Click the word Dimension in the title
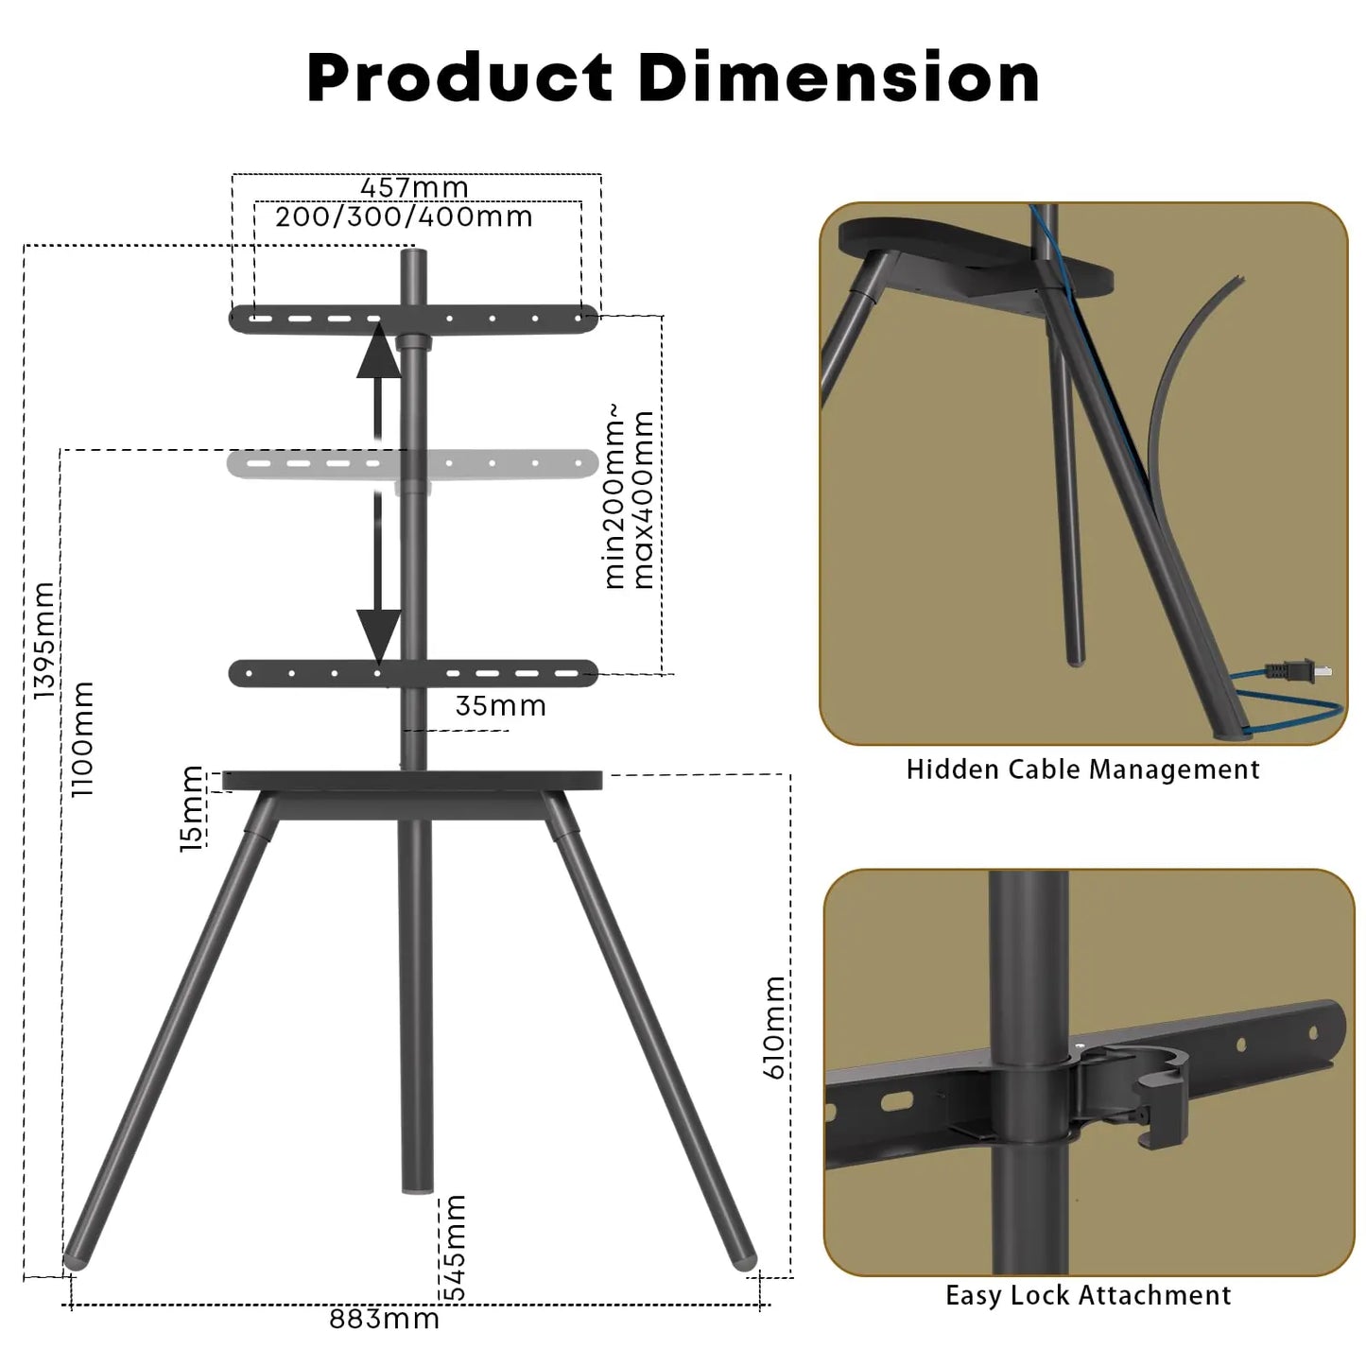(839, 78)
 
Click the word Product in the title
(459, 78)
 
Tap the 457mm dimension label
(415, 188)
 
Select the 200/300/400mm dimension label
(404, 216)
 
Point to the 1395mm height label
(43, 640)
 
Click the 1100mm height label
(83, 738)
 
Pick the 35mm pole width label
(500, 706)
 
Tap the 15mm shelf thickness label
(191, 808)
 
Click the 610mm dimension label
(774, 1028)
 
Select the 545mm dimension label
(454, 1247)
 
